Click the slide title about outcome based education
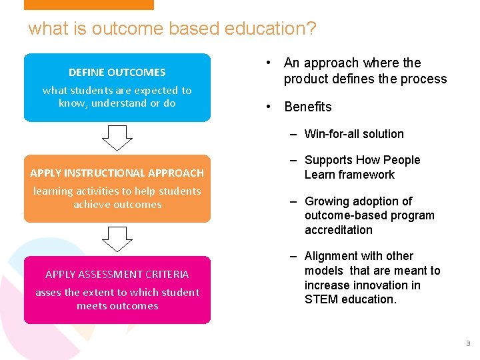tap(172, 29)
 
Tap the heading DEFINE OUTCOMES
tap(117, 72)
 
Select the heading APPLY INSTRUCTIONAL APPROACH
tap(117, 173)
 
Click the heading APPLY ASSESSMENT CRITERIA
tap(117, 274)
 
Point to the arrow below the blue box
tap(117, 138)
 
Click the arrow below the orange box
tap(117, 239)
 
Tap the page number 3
tap(467, 343)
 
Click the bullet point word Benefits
tap(308, 107)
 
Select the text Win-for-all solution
tap(354, 134)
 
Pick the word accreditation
tap(339, 230)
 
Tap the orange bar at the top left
tap(89, 5)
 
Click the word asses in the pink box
tap(47, 292)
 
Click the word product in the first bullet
tap(304, 79)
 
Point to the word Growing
tap(325, 201)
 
